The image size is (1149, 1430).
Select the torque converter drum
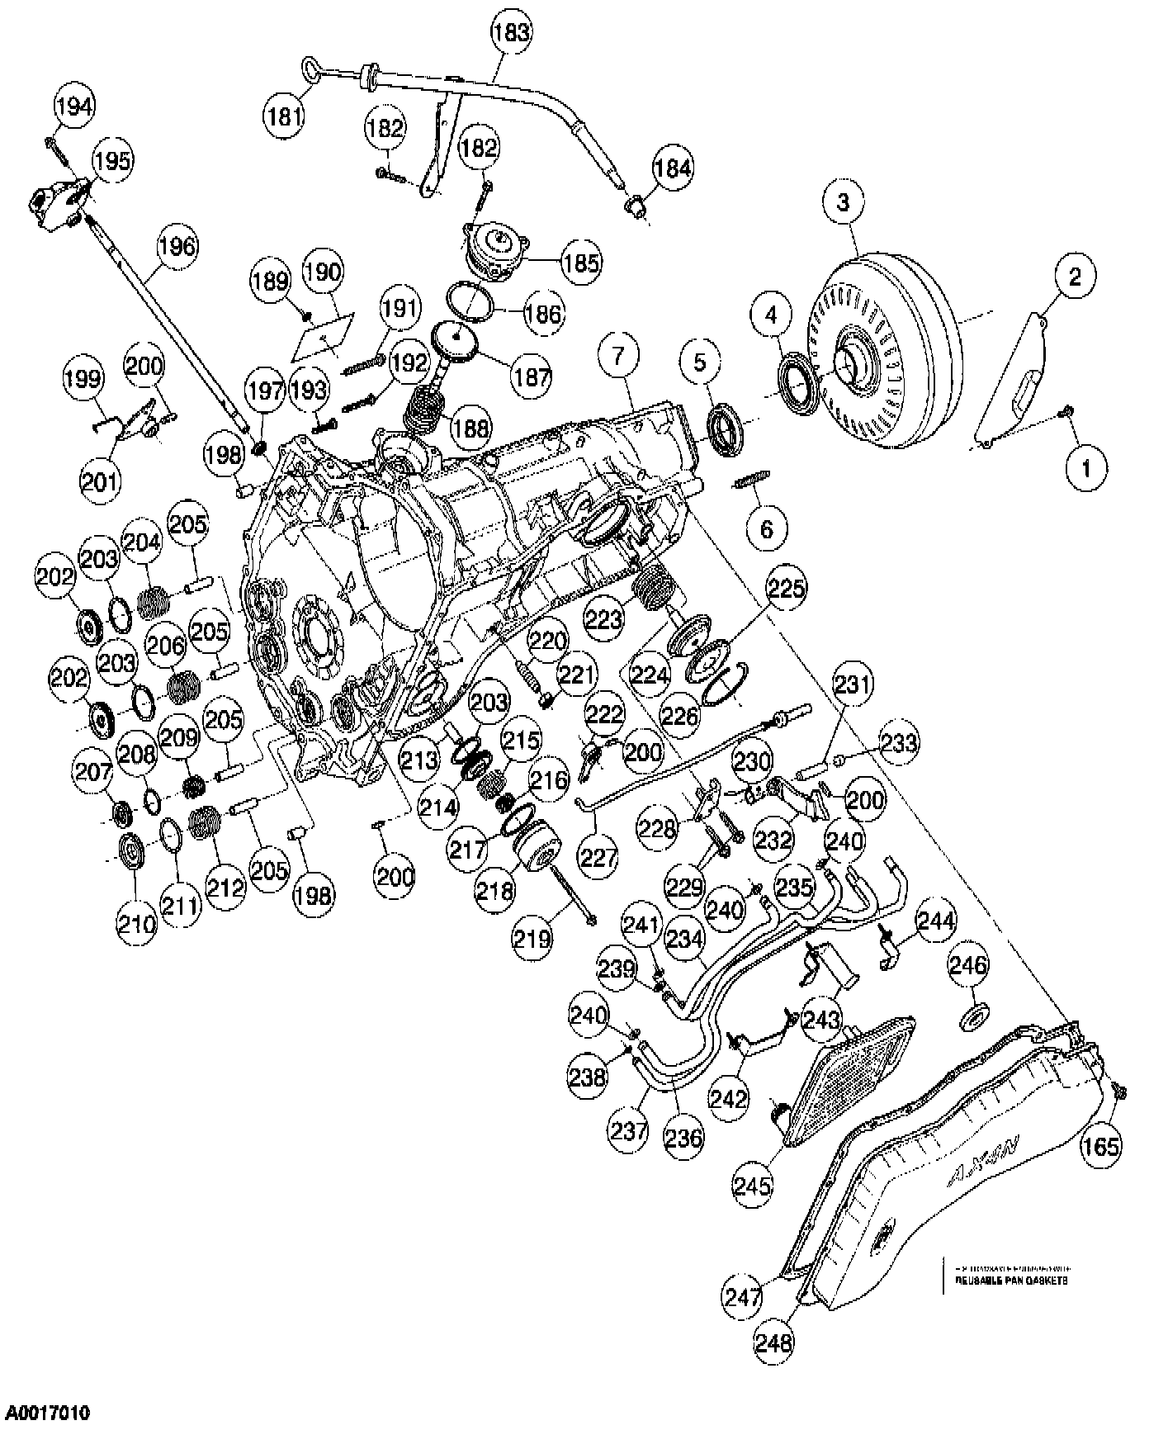(887, 351)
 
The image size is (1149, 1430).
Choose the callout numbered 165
(1102, 1146)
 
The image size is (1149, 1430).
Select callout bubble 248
(774, 1342)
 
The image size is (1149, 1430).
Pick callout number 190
(323, 272)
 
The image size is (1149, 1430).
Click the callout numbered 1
(1085, 468)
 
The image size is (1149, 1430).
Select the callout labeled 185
(582, 265)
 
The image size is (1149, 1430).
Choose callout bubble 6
(767, 528)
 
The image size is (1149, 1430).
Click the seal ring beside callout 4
(797, 382)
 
